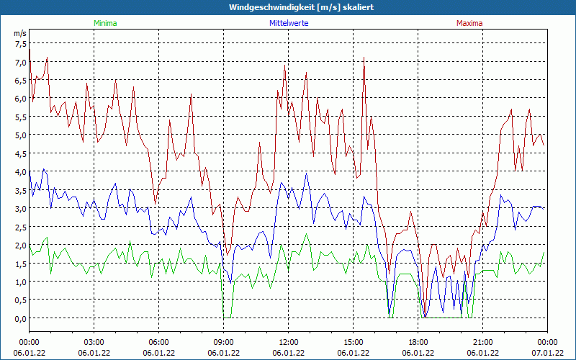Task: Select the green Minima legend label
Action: (104, 23)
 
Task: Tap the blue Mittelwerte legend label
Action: (287, 23)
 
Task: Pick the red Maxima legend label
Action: (469, 23)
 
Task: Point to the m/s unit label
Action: (20, 34)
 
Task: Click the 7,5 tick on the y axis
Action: (20, 43)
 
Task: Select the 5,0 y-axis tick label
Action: (20, 135)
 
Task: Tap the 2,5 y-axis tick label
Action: (20, 226)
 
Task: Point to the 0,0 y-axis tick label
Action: (20, 318)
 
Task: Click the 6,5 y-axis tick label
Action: (20, 80)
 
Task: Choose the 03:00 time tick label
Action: (94, 342)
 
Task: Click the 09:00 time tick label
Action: (223, 342)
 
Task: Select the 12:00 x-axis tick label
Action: (288, 342)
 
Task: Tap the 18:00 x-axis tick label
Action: (418, 342)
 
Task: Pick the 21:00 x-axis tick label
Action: (482, 342)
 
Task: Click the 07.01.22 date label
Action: (547, 353)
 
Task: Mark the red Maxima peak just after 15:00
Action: (364, 58)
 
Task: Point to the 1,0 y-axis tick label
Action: (20, 282)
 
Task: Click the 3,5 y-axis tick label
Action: (20, 190)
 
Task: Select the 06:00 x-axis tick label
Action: (158, 342)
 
